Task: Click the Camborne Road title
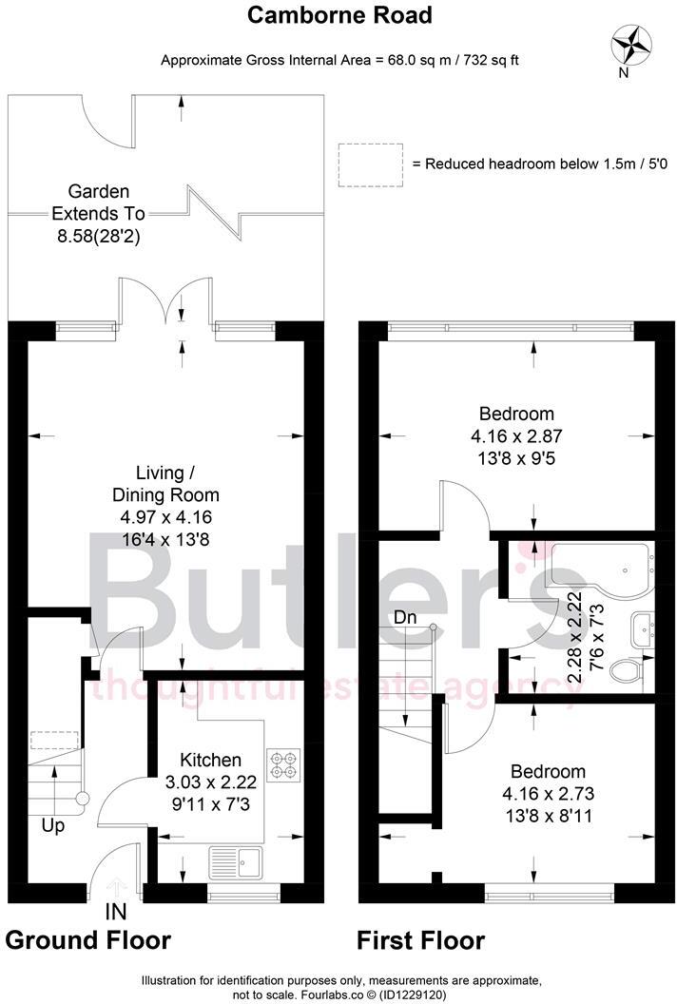[x=340, y=15]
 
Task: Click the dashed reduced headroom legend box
[x=370, y=164]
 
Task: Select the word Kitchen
[x=210, y=760]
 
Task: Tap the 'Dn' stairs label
[x=406, y=616]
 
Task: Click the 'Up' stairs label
[x=53, y=825]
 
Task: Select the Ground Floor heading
[x=88, y=940]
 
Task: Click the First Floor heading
[x=420, y=940]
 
